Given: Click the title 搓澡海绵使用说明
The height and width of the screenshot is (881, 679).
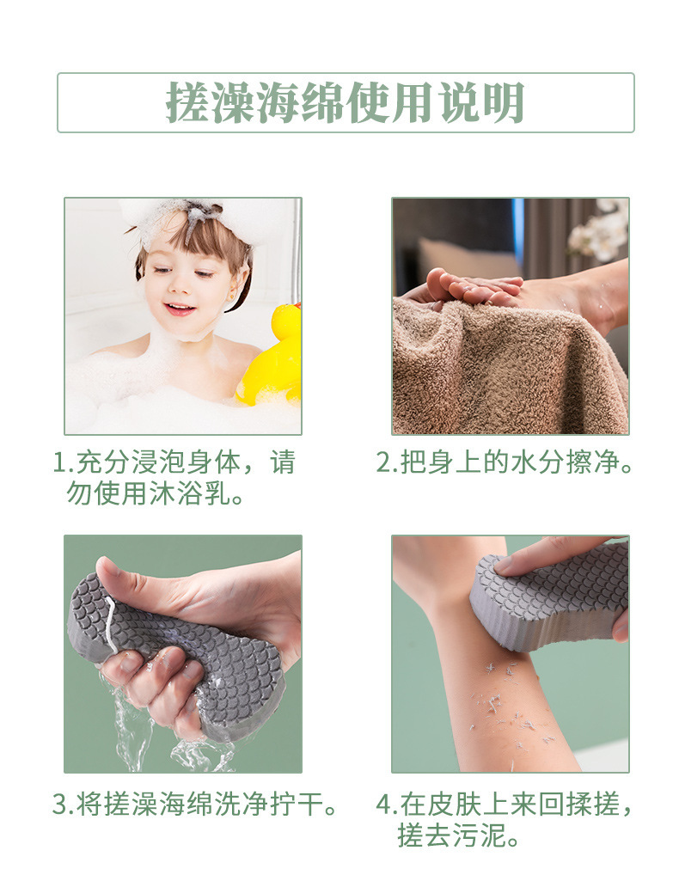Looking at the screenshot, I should click(345, 103).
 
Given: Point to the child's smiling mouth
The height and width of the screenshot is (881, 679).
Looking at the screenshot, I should click(179, 308).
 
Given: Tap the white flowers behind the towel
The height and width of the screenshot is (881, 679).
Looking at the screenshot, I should click(602, 232).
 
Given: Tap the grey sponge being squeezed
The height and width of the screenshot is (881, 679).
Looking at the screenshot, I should click(189, 653).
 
